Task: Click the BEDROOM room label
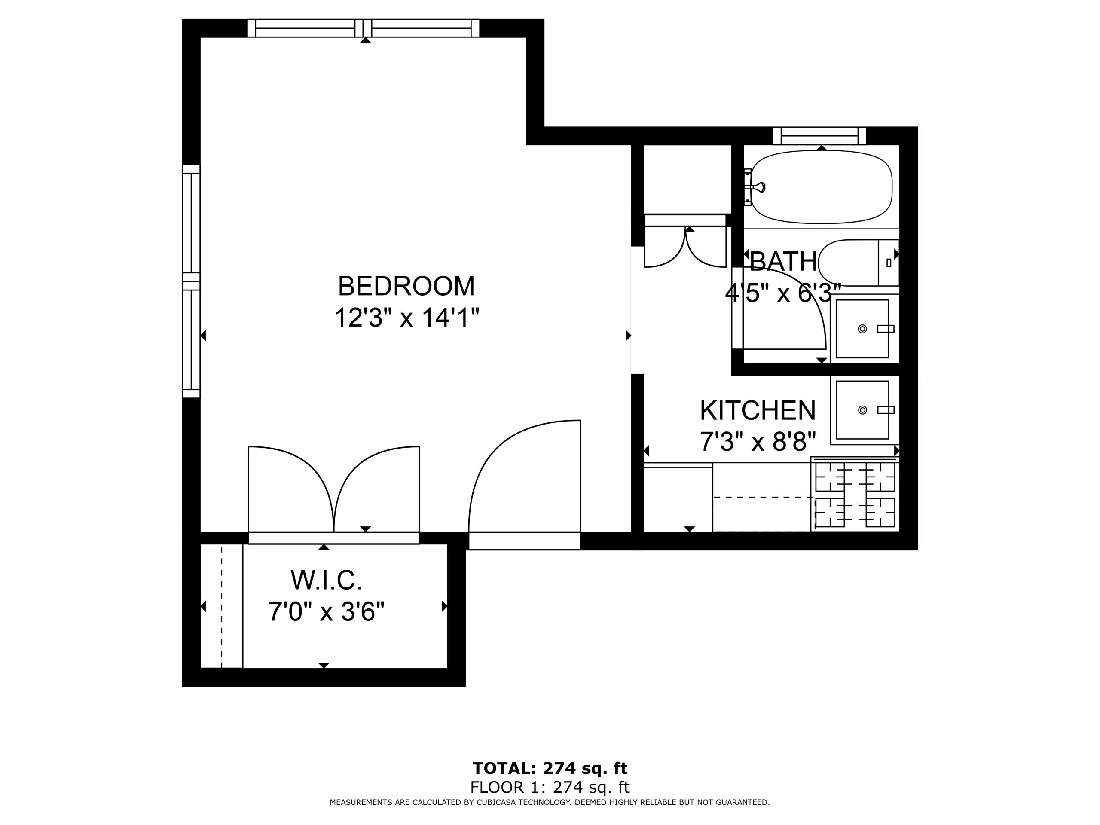click(x=406, y=287)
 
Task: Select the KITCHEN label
click(x=758, y=411)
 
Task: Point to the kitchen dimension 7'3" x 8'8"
click(x=758, y=441)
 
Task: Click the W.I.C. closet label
click(x=326, y=580)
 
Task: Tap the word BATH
click(x=783, y=262)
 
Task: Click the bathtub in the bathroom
click(x=821, y=187)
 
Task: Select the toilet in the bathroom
click(x=859, y=263)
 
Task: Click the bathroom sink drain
click(x=862, y=329)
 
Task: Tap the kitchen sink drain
click(x=862, y=410)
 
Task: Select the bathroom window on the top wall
click(x=819, y=136)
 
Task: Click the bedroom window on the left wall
click(x=191, y=281)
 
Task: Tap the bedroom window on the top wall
click(x=363, y=28)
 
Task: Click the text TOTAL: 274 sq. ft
click(x=550, y=768)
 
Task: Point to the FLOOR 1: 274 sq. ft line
click(x=550, y=787)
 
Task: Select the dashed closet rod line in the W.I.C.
click(x=222, y=606)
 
